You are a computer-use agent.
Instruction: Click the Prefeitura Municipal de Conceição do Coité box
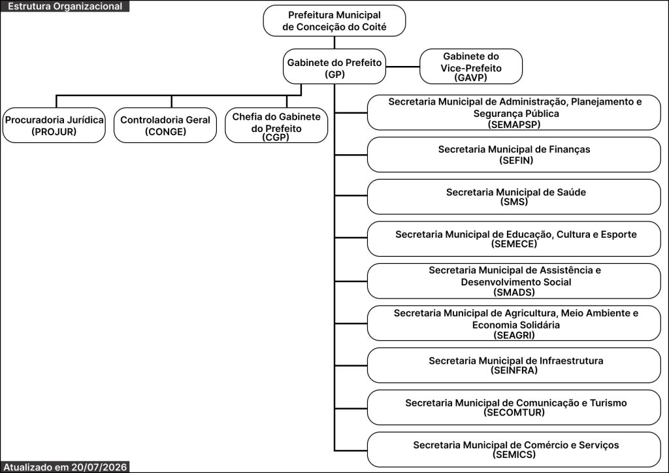(334, 21)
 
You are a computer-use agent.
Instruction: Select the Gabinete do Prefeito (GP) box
(334, 67)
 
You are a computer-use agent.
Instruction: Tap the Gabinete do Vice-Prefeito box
(471, 67)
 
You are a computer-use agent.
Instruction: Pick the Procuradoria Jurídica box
(54, 125)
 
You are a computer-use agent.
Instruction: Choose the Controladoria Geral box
(165, 125)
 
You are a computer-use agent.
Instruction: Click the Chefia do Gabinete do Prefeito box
(276, 125)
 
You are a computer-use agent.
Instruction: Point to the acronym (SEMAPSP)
(514, 125)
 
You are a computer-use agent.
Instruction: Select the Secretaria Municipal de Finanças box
(514, 154)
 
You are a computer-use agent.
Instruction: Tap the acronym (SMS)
(514, 202)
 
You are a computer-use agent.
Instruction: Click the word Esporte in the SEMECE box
(619, 234)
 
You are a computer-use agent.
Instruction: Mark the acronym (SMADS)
(514, 292)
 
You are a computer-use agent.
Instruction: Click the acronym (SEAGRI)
(514, 334)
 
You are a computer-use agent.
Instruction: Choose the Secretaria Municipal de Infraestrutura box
(514, 365)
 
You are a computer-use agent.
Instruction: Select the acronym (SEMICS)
(514, 455)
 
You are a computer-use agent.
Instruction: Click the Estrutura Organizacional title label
(65, 7)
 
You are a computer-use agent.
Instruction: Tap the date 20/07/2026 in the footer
(99, 467)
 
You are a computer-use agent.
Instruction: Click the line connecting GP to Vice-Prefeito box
(402, 67)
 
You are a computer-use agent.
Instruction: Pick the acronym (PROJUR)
(54, 131)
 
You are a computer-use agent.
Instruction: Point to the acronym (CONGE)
(165, 131)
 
